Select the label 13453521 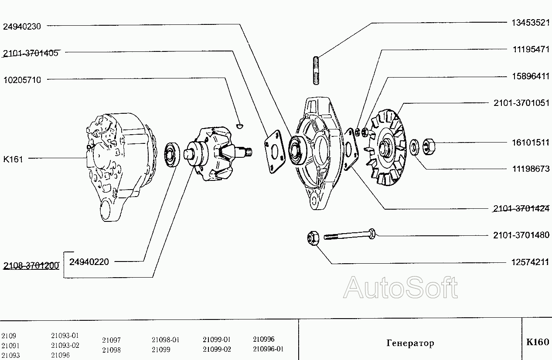click(530, 23)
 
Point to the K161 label click(13, 159)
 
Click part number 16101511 click(530, 143)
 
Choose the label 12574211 click(530, 263)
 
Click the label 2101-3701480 click(521, 235)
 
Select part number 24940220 click(89, 262)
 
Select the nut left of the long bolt click(313, 238)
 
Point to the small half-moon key click(239, 126)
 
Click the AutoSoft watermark click(400, 288)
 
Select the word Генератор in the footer click(410, 343)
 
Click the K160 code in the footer click(538, 342)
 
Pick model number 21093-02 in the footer click(65, 346)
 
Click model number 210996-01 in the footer click(268, 349)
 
